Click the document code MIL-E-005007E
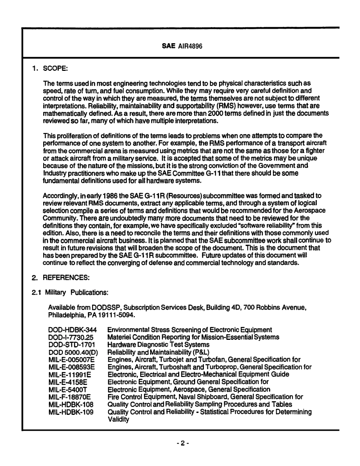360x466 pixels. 72,359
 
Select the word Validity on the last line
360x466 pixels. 118,419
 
